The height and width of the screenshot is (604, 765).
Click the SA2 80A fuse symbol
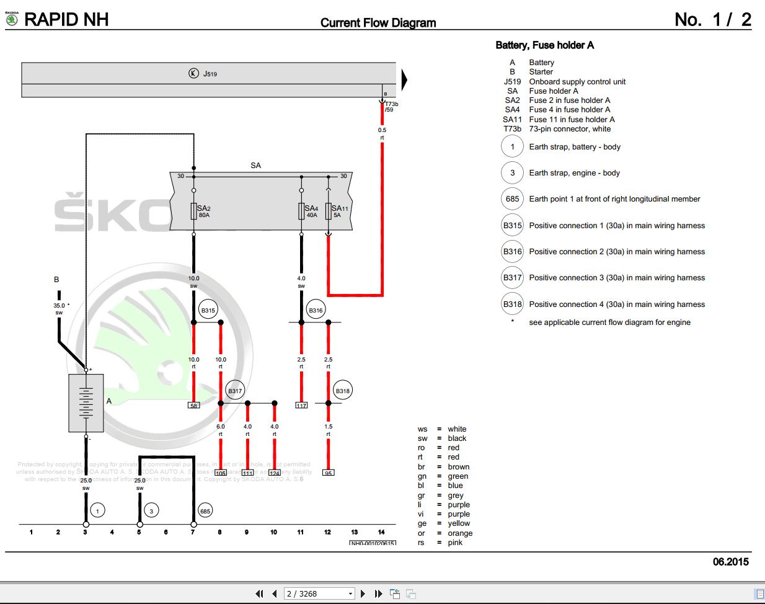(x=194, y=211)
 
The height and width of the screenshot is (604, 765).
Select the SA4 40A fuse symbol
(x=301, y=211)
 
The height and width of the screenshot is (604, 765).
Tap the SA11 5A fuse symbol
(x=329, y=211)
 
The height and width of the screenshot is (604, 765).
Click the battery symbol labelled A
(x=86, y=403)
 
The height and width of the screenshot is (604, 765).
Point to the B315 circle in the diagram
(x=208, y=311)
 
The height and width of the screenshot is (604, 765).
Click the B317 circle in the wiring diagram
(x=235, y=391)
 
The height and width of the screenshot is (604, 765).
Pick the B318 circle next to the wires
(x=342, y=391)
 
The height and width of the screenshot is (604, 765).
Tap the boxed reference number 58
(x=194, y=406)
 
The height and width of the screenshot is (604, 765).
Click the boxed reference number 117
(x=301, y=406)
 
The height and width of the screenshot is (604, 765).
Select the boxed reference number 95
(x=329, y=473)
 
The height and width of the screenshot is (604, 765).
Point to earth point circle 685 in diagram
(x=205, y=511)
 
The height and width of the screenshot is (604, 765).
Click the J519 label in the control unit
(x=210, y=74)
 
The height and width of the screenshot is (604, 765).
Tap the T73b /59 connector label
(x=391, y=107)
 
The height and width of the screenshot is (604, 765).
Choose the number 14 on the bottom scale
(x=381, y=532)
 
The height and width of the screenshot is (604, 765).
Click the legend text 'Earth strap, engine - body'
(x=574, y=173)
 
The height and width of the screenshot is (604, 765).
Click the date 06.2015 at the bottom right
(x=730, y=562)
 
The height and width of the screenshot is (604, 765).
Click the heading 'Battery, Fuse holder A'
(x=544, y=45)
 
